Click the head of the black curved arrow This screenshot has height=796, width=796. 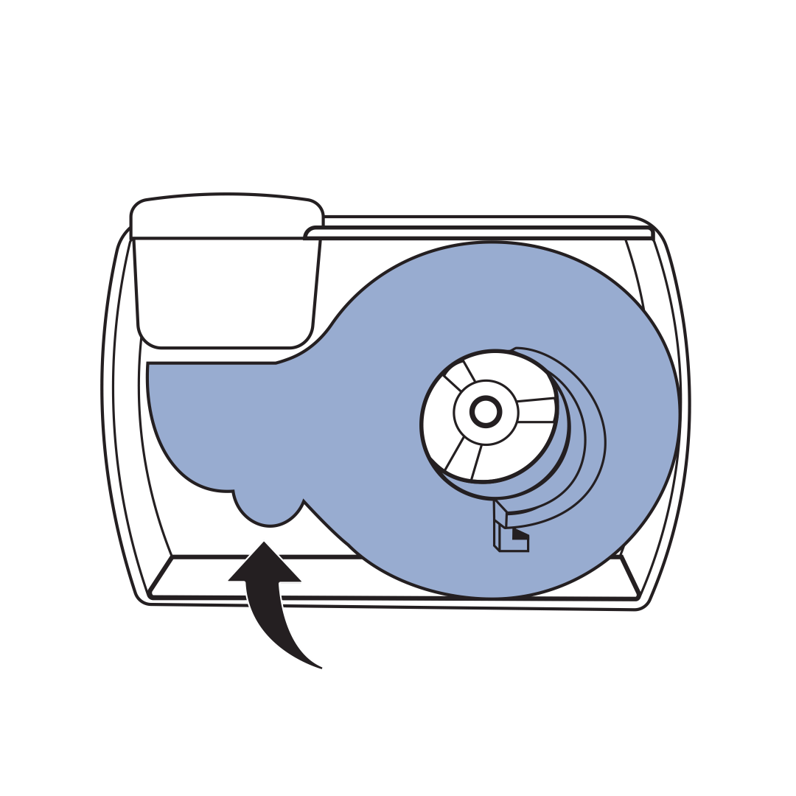tap(264, 565)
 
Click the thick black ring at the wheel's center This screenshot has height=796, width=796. tap(486, 412)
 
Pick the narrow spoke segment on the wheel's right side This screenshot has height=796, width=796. tap(536, 411)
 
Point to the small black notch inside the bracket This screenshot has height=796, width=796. tap(520, 533)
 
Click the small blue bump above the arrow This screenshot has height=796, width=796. tap(269, 509)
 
